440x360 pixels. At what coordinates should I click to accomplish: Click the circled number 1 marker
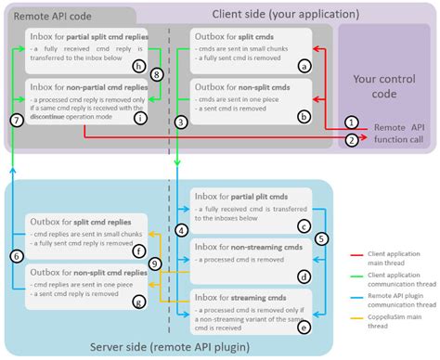pos(351,122)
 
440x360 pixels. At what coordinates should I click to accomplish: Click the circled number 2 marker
pos(351,140)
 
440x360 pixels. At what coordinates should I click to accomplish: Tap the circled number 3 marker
pos(182,122)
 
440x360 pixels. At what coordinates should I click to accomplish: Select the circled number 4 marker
pos(182,229)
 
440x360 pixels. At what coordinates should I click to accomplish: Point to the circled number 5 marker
pos(321,238)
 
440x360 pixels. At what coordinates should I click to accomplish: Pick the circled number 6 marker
pos(15,255)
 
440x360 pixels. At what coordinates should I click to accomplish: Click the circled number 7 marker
pos(15,121)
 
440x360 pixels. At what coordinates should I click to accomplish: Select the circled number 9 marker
pos(156,264)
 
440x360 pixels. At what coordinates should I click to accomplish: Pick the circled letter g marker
pos(138,302)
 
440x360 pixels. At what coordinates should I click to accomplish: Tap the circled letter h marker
pos(138,66)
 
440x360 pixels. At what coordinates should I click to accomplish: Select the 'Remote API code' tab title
pos(51,16)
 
